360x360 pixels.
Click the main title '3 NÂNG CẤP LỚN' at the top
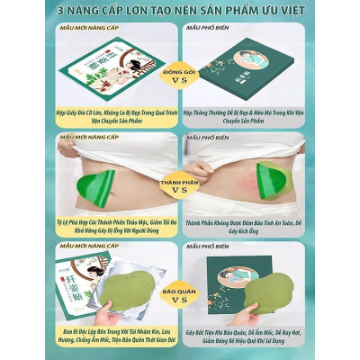click(x=180, y=10)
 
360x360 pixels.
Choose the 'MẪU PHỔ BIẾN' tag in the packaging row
click(x=211, y=28)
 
